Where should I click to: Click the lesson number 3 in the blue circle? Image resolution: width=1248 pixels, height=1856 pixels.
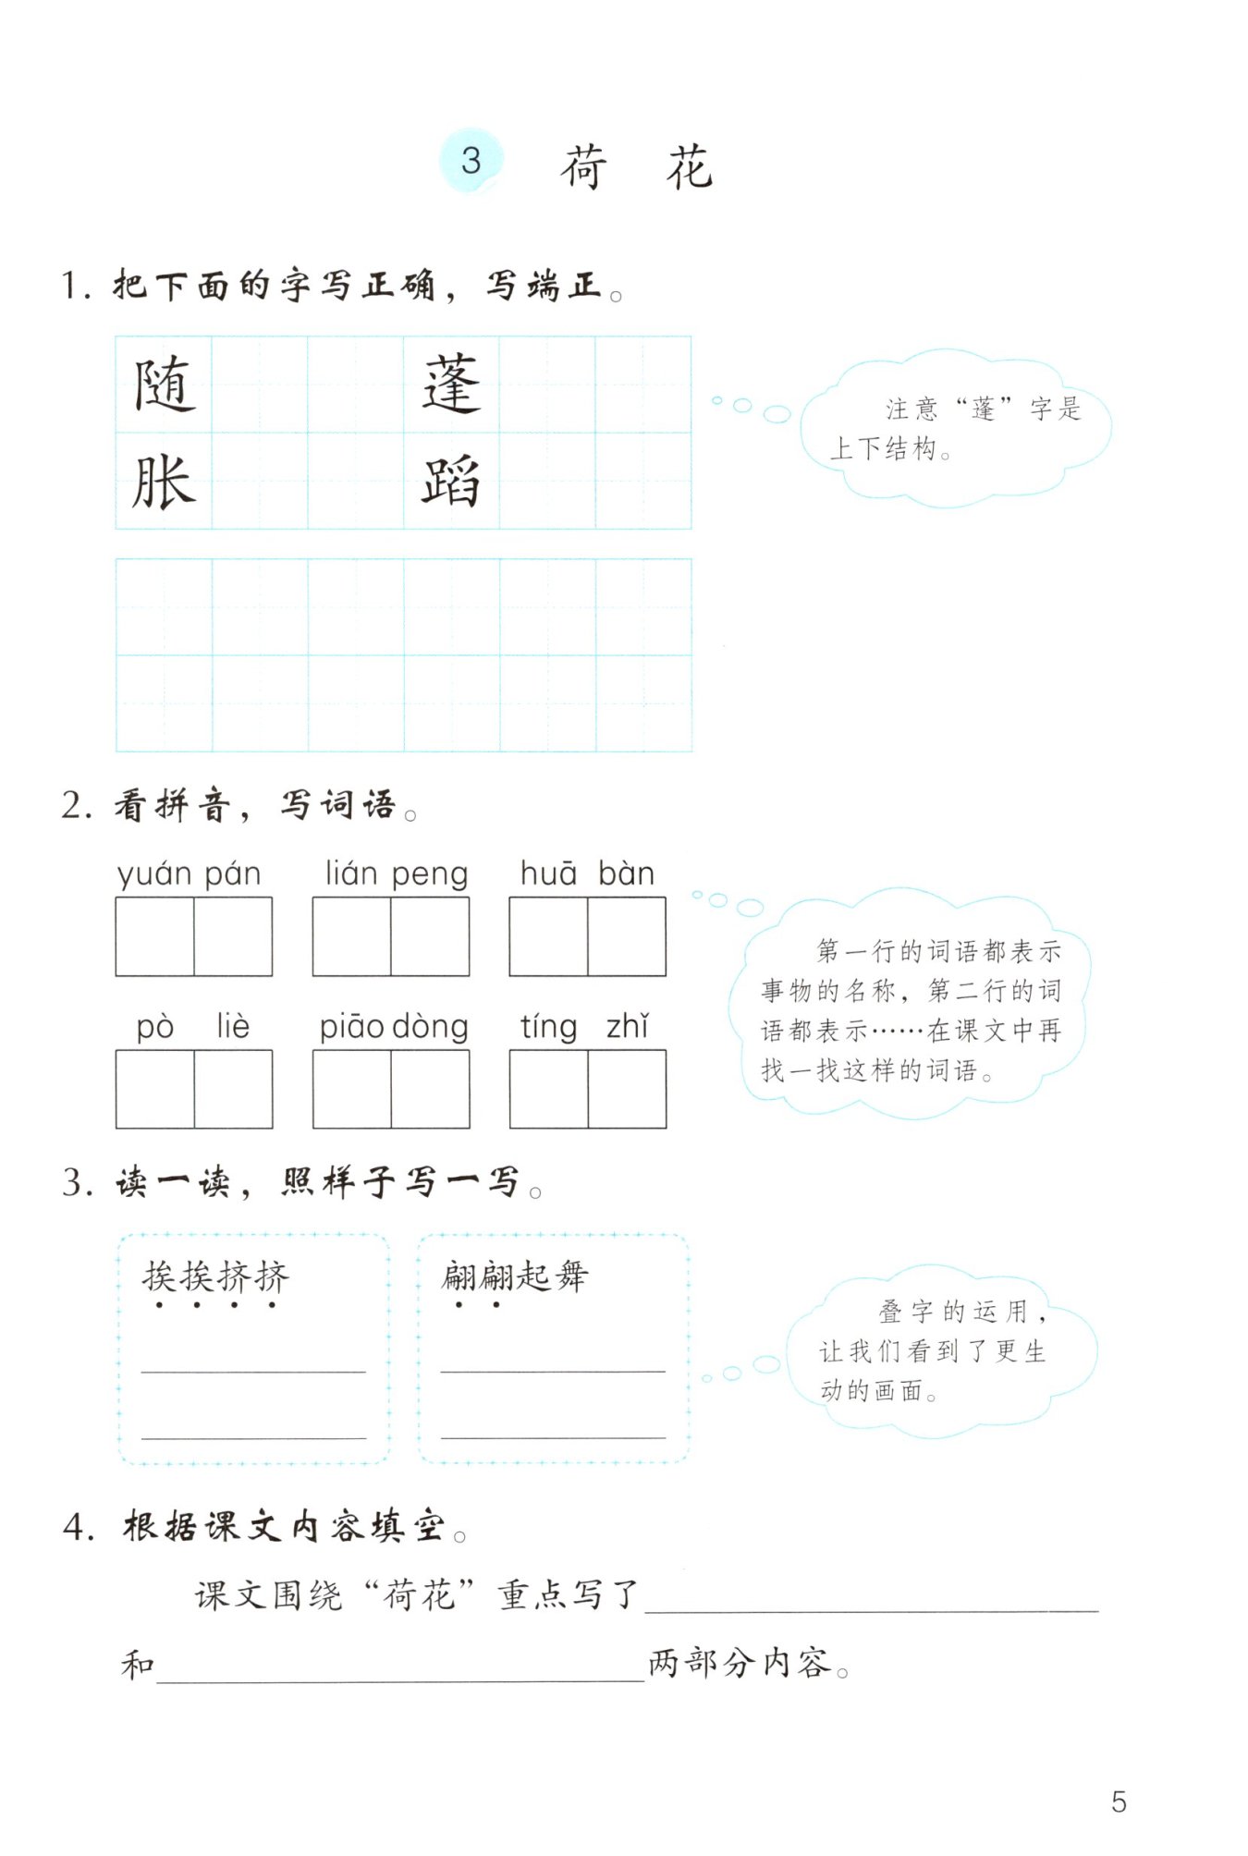click(x=471, y=161)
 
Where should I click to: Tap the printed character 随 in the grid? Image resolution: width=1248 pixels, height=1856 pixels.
click(x=165, y=385)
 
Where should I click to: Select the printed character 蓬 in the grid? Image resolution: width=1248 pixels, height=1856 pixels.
click(x=452, y=385)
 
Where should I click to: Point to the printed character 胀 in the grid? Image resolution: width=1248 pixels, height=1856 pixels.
click(x=164, y=482)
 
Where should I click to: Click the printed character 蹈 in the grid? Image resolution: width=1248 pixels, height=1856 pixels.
click(x=451, y=482)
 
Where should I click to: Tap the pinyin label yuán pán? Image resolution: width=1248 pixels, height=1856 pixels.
click(x=190, y=874)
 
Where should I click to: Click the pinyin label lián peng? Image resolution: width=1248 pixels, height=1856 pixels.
click(x=396, y=874)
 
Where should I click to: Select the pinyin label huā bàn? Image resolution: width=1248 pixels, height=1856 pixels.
click(x=587, y=873)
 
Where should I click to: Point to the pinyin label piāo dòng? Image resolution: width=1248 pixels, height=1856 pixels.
click(x=394, y=1027)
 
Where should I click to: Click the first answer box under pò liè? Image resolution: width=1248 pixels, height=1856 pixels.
click(x=155, y=1089)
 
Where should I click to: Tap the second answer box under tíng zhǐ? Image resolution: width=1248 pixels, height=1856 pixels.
click(x=627, y=1089)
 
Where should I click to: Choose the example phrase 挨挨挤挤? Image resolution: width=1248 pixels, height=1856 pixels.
click(x=215, y=1276)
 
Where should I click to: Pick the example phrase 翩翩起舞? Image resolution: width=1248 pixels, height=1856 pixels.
click(x=515, y=1276)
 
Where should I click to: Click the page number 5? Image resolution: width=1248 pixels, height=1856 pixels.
click(x=1119, y=1801)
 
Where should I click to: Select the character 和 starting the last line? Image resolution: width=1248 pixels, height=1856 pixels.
click(x=138, y=1665)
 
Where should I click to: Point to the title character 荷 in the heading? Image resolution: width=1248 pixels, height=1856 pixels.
click(x=584, y=167)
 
